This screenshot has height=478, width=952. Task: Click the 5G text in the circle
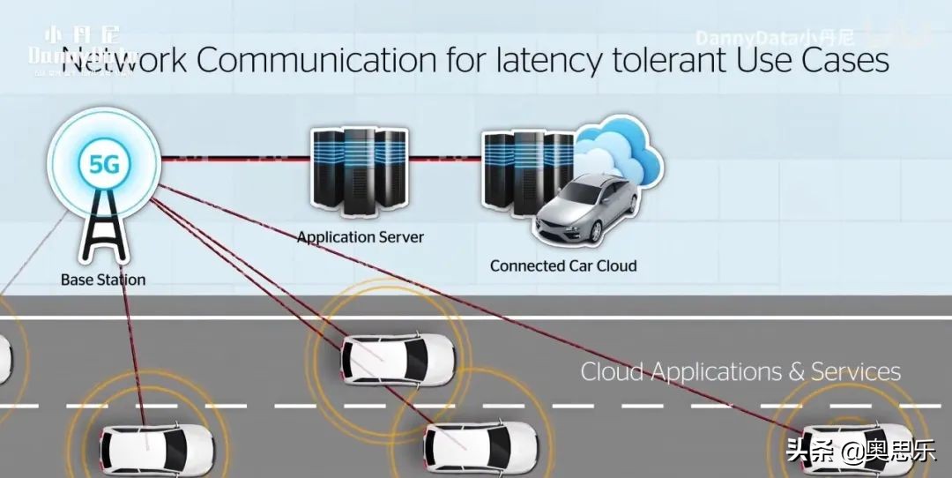tap(104, 164)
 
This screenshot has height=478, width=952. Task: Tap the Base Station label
tap(103, 280)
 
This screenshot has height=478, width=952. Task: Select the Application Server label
tap(360, 236)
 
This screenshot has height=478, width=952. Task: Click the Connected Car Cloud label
tap(562, 265)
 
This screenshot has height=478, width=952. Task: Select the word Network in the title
tap(123, 61)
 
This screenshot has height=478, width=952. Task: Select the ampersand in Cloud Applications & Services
tap(796, 371)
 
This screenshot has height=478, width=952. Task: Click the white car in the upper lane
tap(398, 357)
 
